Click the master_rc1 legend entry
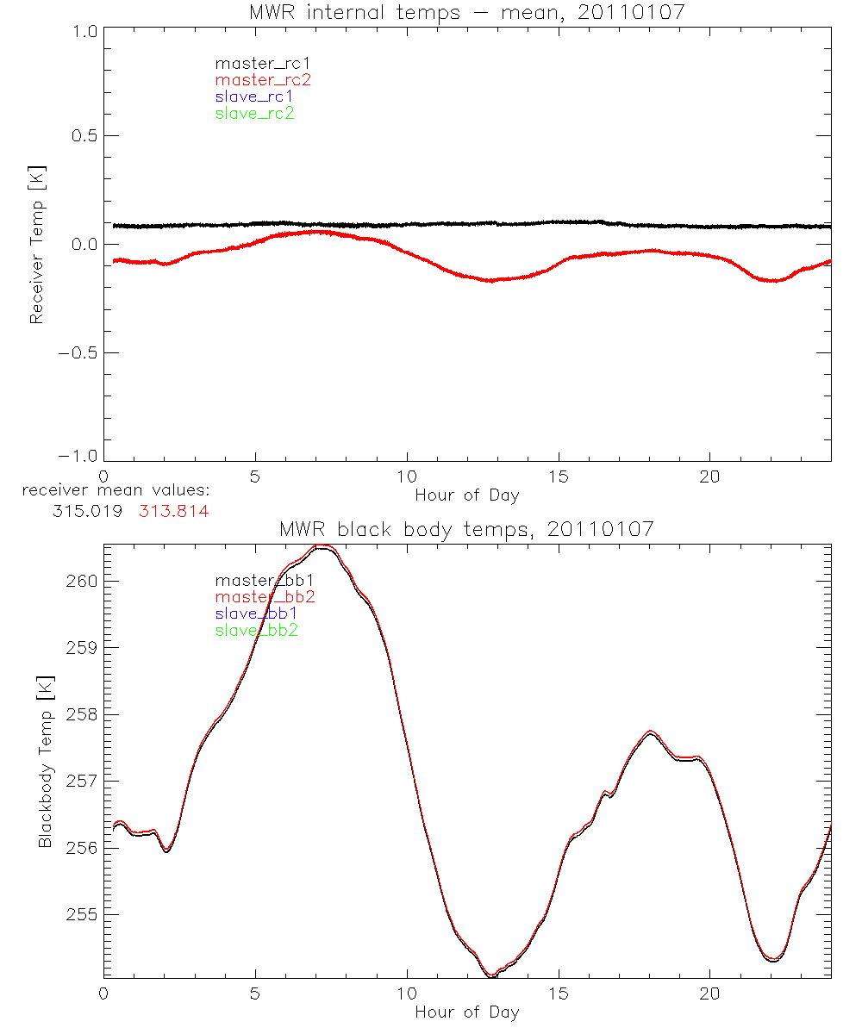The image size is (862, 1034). coord(253,63)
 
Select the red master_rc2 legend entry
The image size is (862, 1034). coord(263,80)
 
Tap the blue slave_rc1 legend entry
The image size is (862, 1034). coord(254,97)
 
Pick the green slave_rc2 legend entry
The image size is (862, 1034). coord(254,113)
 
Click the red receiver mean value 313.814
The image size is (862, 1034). coord(173,511)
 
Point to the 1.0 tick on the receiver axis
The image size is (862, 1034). coord(84,28)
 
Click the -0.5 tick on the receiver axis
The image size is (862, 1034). coord(79,352)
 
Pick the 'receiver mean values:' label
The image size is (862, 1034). coord(116,491)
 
